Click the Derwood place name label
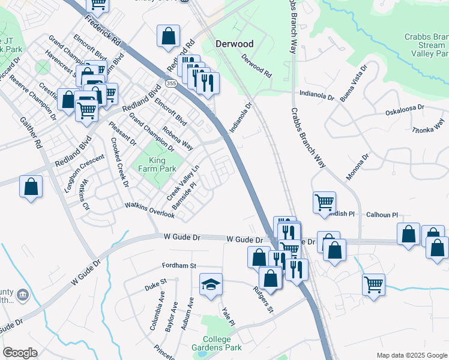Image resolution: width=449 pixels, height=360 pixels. (234, 44)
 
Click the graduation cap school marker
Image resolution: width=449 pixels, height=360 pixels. (211, 284)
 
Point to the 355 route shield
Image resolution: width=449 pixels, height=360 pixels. (172, 83)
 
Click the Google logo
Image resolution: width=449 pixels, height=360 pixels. (20, 353)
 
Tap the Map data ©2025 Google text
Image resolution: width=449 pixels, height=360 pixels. (411, 355)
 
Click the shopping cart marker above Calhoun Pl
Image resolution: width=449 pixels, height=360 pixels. (324, 202)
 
